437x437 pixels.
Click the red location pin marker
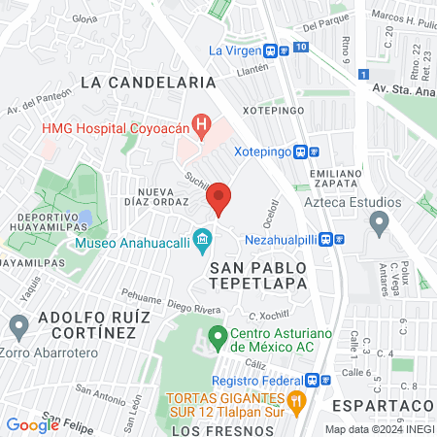pos(219,198)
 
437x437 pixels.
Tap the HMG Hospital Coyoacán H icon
pos(202,124)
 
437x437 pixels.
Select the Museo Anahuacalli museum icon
pos(203,238)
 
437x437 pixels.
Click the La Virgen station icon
pos(278,50)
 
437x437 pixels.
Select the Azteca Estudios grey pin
pos(378,222)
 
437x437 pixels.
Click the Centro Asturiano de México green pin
pos(217,339)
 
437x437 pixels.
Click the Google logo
pos(32,424)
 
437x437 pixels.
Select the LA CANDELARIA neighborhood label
pos(148,84)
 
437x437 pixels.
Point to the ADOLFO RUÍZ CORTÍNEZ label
pos(85,325)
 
